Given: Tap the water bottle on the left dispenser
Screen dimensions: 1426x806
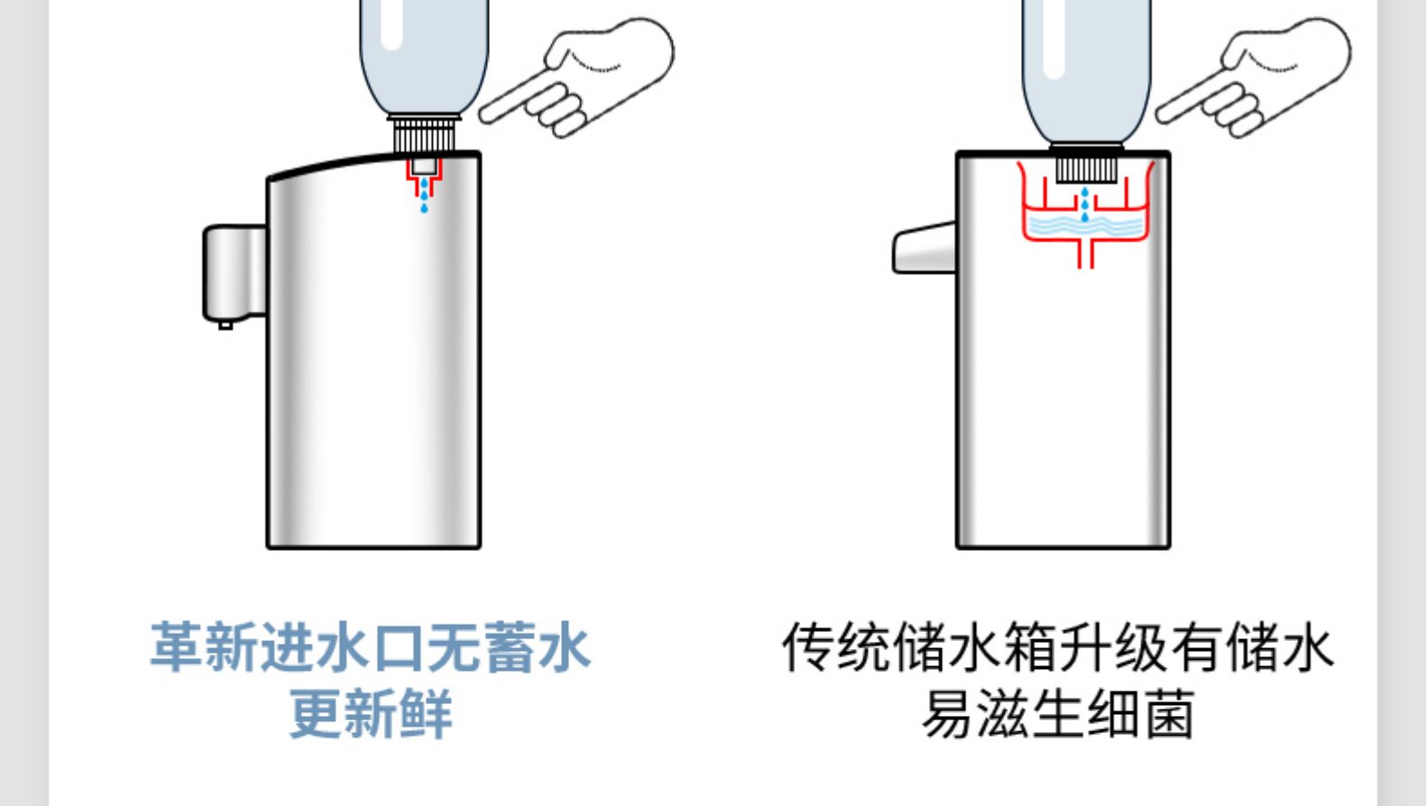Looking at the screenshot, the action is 424,54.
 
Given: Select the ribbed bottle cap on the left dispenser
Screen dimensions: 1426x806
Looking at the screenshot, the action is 424,135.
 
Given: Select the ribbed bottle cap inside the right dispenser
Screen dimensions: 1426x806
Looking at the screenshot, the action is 1086,169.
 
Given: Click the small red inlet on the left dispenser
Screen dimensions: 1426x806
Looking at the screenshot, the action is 424,174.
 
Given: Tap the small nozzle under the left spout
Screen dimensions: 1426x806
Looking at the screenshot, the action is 225,324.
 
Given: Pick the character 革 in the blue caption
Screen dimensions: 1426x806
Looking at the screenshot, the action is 176,647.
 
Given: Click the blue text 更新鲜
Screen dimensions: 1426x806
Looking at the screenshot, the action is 371,714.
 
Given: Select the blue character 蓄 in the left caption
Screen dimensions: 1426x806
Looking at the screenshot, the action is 510,647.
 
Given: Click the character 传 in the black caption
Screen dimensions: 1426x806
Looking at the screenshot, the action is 808,647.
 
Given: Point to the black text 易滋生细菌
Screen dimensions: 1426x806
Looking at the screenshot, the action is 1058,714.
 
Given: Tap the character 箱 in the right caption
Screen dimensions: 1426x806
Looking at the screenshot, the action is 1030,647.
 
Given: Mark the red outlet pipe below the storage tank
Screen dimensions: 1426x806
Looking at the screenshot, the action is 1086,254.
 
